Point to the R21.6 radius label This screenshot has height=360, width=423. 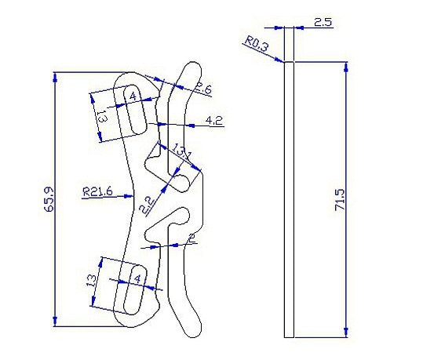(97, 191)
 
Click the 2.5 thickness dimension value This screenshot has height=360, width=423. (323, 23)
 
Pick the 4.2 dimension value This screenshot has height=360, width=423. (213, 120)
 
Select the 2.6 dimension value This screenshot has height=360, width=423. (203, 89)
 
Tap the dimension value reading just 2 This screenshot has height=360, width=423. (191, 238)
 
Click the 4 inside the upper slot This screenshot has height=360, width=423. (132, 96)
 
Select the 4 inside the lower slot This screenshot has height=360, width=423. (138, 278)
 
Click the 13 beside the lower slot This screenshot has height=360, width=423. (92, 280)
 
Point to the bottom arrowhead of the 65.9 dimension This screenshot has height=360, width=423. (56, 323)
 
